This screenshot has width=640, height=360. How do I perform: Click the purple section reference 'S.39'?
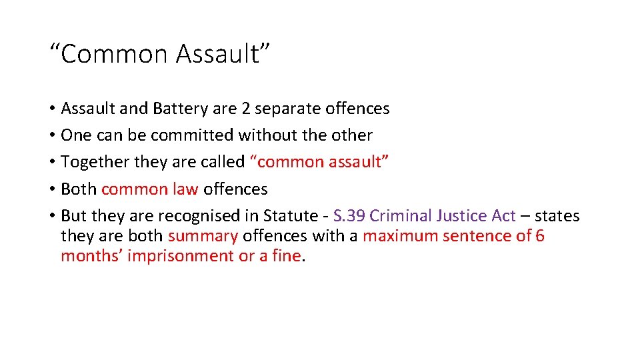tap(349, 216)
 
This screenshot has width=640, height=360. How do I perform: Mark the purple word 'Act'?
tap(503, 216)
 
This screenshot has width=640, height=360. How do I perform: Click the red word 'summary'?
tap(203, 236)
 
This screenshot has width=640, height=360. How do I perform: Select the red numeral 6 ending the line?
tap(540, 236)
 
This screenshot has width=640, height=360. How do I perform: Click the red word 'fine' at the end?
tap(287, 257)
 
